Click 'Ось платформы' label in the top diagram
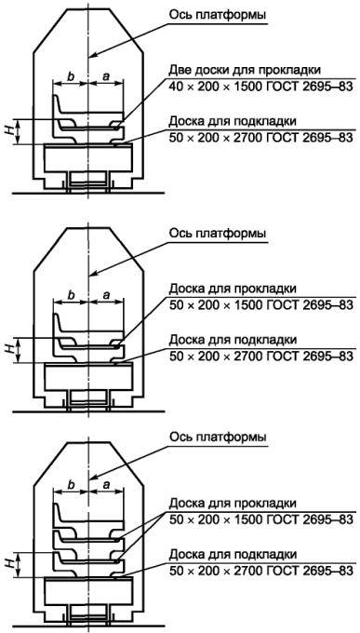tap(218, 16)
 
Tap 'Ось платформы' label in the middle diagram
tap(218, 234)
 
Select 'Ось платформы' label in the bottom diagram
tap(218, 438)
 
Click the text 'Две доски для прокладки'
tap(246, 70)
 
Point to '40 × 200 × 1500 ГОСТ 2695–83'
tap(261, 87)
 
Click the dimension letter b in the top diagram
tap(72, 76)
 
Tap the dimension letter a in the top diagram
tap(106, 77)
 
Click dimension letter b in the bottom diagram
tap(72, 484)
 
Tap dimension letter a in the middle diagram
tap(106, 296)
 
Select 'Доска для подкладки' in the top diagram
tap(233, 121)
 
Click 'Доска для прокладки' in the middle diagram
tap(233, 290)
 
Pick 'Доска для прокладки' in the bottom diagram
tap(233, 504)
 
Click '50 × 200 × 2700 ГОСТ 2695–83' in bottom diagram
tap(261, 571)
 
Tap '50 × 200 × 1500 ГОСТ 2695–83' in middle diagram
tap(261, 304)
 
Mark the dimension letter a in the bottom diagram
tap(106, 485)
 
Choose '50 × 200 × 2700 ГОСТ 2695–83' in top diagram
tap(261, 137)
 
